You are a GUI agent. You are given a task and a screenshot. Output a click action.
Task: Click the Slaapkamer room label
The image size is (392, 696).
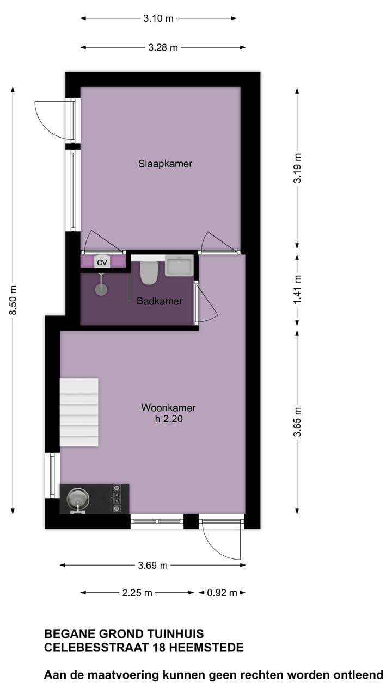click(165, 163)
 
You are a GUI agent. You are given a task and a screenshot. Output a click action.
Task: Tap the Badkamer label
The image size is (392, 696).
click(160, 301)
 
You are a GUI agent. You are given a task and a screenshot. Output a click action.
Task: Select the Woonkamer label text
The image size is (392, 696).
click(168, 407)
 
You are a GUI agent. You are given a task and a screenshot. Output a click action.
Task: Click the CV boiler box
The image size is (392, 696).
click(102, 262)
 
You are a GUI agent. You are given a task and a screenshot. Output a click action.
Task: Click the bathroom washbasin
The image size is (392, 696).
click(179, 266)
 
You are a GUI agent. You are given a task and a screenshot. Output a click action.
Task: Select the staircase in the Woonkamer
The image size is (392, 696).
click(79, 412)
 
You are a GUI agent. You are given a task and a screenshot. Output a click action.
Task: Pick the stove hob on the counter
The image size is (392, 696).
click(116, 499)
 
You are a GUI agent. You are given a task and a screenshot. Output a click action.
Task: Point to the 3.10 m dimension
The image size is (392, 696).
click(158, 18)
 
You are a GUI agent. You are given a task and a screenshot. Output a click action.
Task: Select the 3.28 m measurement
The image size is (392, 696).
click(163, 47)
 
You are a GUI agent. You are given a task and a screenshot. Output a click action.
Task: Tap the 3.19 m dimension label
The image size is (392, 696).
click(297, 169)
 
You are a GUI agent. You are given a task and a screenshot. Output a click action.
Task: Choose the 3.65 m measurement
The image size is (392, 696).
click(297, 421)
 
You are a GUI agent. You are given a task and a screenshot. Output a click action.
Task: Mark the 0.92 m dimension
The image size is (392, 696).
click(222, 593)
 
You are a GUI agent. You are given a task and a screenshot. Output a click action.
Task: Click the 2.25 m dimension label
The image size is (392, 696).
click(137, 593)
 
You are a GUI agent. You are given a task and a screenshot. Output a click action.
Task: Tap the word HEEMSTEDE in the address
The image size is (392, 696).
click(206, 648)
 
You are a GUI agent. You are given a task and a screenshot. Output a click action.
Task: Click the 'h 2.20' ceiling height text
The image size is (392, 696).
click(169, 419)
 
